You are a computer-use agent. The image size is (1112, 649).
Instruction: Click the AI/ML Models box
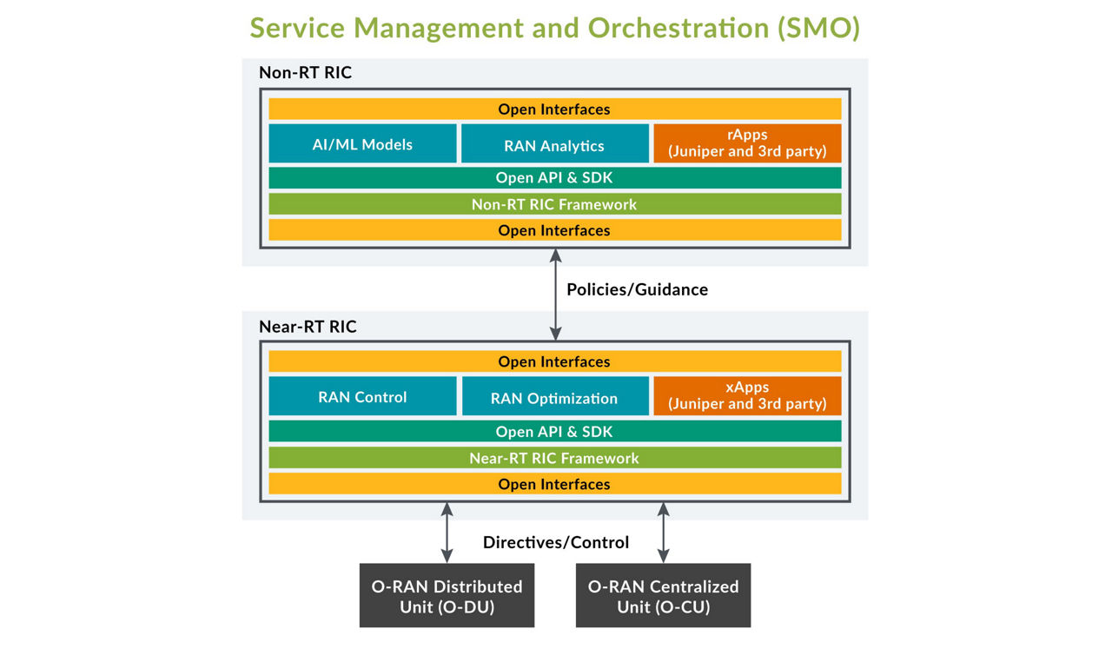click(x=362, y=143)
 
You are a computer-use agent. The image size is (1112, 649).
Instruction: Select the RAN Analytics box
click(x=554, y=144)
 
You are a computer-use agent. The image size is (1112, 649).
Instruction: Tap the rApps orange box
click(x=747, y=143)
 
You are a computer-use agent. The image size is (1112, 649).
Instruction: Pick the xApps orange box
click(x=747, y=395)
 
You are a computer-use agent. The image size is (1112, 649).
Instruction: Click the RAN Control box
click(x=362, y=396)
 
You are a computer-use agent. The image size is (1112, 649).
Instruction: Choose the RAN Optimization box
click(x=554, y=397)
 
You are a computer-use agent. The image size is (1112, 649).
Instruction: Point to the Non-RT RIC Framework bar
click(x=554, y=204)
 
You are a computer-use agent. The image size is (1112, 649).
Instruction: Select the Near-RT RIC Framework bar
click(x=554, y=458)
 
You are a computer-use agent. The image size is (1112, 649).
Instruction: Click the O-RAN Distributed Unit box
click(x=447, y=596)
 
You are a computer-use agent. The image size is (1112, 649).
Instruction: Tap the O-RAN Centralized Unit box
click(x=663, y=596)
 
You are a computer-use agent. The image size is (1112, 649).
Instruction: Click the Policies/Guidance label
click(x=637, y=289)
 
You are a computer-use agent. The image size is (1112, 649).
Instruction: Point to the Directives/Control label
click(x=555, y=542)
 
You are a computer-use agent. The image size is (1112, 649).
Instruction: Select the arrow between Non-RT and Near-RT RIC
click(x=556, y=295)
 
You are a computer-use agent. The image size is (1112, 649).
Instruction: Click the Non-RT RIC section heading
click(x=305, y=72)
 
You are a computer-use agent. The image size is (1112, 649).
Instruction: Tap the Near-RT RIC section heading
click(x=308, y=327)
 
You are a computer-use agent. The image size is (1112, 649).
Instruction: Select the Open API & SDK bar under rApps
click(x=554, y=177)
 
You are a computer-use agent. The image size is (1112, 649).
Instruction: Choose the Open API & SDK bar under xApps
click(x=554, y=431)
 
